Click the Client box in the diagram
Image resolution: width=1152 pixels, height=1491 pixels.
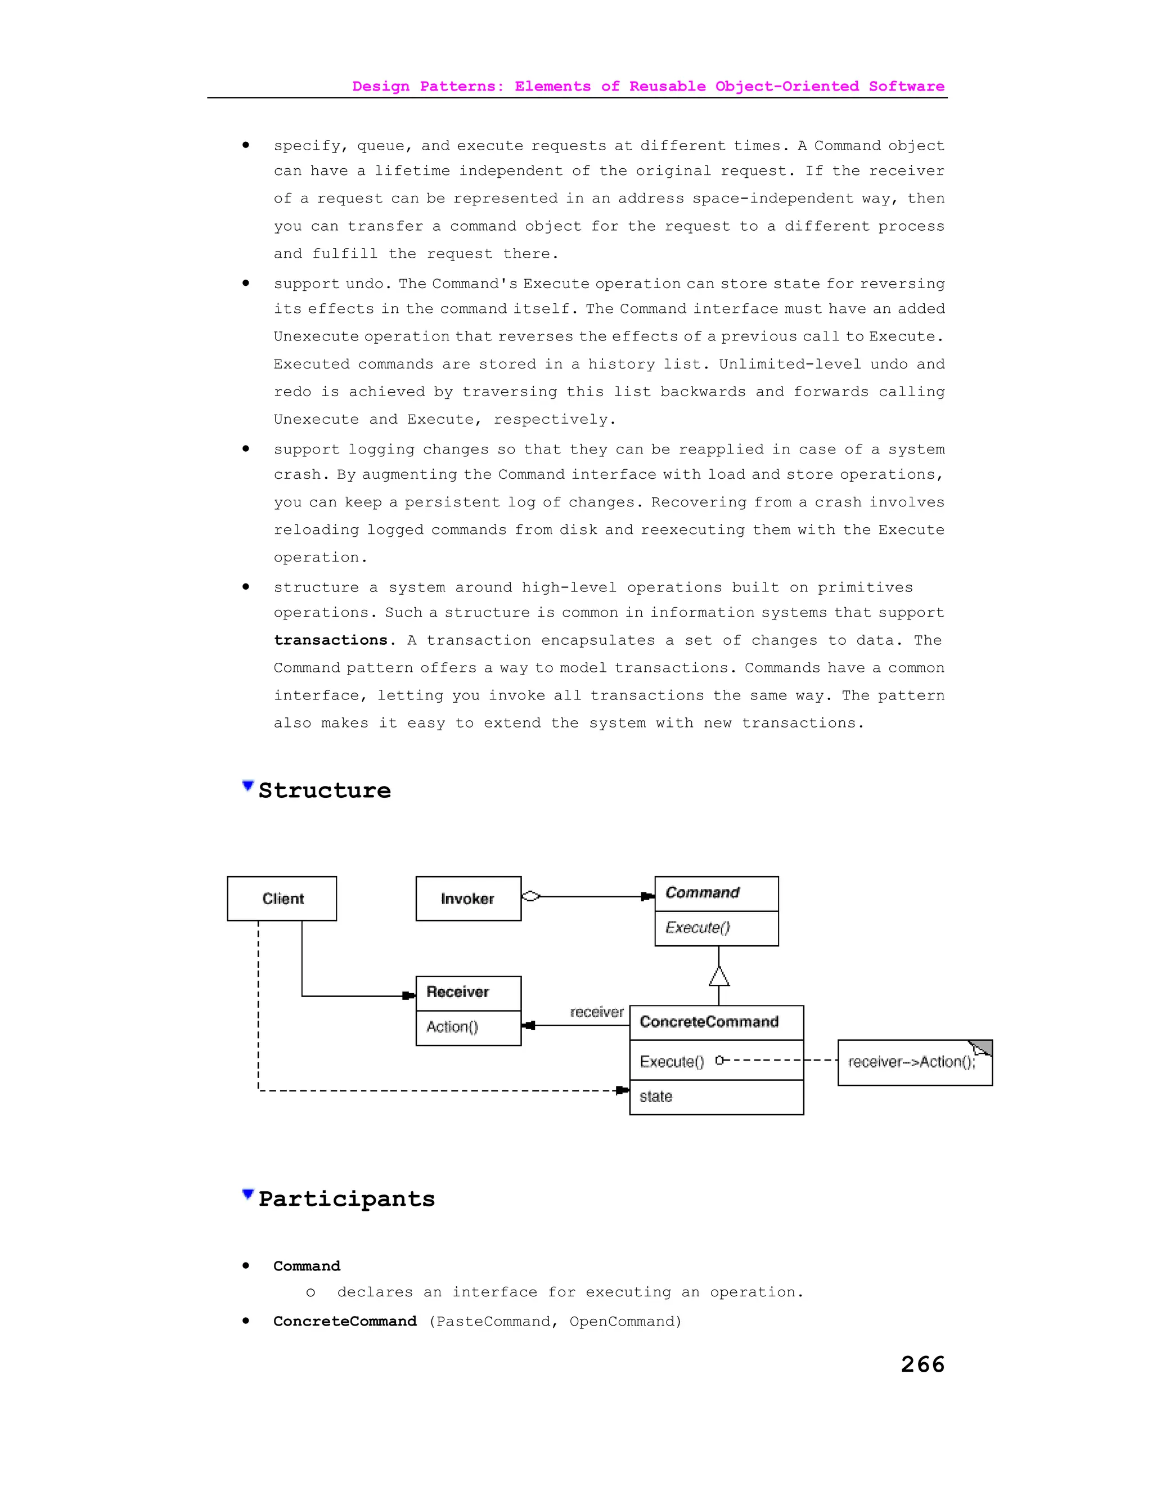click(282, 899)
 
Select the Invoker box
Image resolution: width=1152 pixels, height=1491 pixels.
click(468, 899)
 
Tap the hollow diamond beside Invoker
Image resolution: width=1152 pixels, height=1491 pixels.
click(531, 896)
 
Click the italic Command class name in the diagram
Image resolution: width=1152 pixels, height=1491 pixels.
click(702, 892)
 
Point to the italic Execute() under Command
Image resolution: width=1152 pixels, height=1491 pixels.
click(697, 927)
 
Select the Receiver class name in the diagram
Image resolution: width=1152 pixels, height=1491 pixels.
click(457, 992)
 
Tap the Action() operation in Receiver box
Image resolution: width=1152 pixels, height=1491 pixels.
click(452, 1027)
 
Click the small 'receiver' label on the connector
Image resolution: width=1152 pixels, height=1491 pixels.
click(596, 1012)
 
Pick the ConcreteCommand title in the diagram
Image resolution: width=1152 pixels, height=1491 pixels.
click(709, 1022)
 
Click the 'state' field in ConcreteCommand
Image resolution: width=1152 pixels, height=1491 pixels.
click(656, 1097)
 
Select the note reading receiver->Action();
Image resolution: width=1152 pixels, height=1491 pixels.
click(912, 1062)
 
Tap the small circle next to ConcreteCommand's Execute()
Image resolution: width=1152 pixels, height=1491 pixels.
click(719, 1060)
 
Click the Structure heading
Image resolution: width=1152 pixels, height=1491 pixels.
click(324, 791)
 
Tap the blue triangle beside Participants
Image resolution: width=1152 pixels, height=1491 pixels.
click(247, 1194)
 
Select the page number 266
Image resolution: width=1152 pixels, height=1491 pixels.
click(922, 1364)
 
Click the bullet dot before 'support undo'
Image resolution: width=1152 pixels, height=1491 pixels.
click(246, 284)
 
